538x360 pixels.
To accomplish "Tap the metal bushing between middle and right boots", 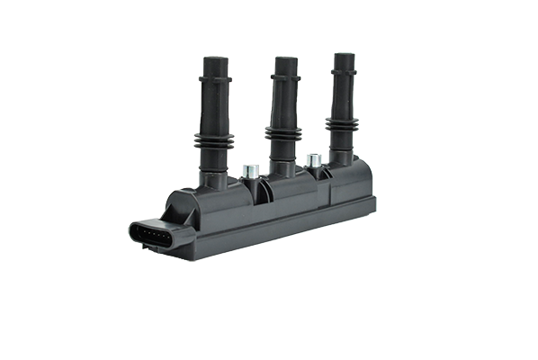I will pos(314,161).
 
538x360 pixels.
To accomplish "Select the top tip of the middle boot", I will pos(285,60).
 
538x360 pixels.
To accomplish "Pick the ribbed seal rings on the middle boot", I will pos(283,136).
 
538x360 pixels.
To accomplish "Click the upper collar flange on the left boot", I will pos(216,80).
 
